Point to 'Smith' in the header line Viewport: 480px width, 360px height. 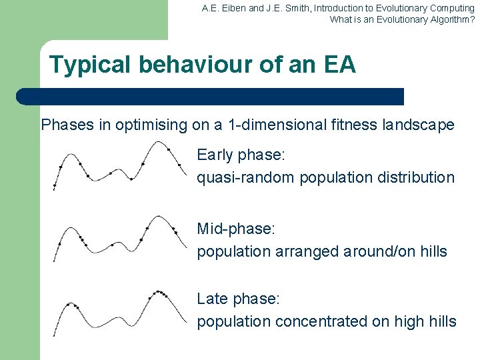coord(297,8)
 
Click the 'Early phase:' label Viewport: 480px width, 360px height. coord(241,155)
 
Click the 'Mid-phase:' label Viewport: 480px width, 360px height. coord(236,229)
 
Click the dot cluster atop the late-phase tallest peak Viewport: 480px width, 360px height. coord(159,293)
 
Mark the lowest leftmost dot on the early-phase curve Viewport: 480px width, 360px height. coord(55,184)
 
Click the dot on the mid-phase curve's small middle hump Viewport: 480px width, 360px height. coord(112,245)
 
